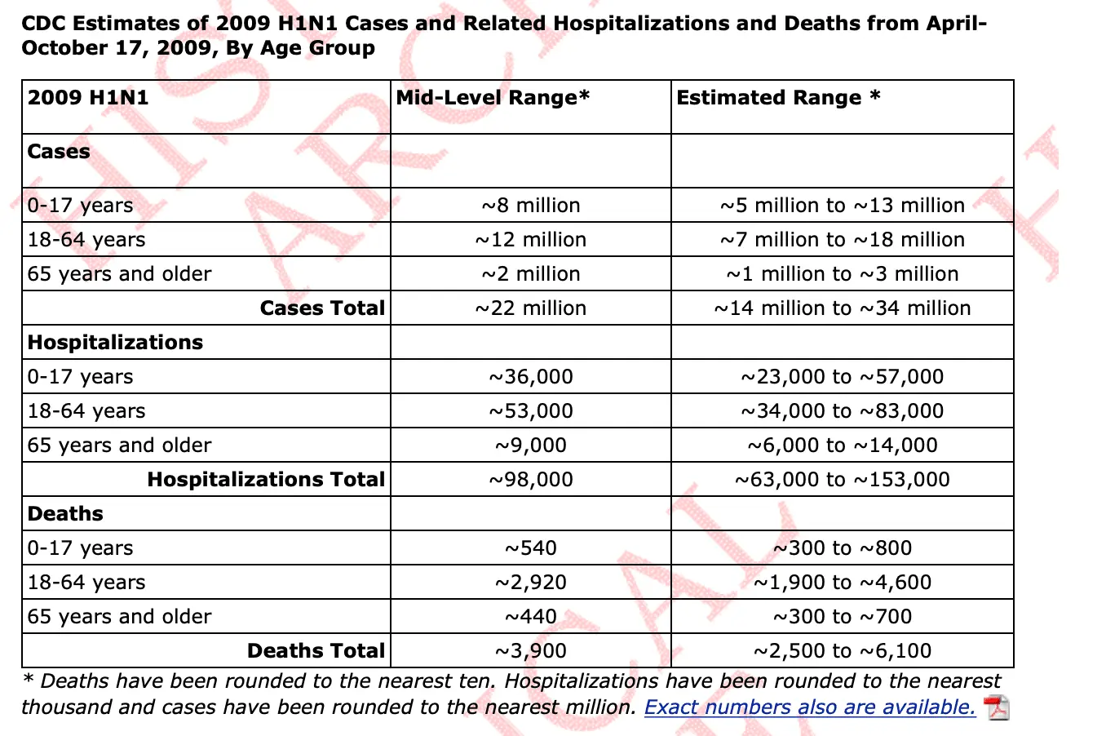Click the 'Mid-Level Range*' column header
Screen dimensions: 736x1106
[493, 98]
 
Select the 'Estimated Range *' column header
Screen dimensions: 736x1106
[778, 98]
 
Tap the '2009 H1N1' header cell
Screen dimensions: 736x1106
[88, 98]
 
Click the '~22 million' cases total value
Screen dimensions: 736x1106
[531, 308]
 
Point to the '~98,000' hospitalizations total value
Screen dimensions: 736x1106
[531, 480]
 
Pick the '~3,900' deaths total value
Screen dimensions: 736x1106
[531, 651]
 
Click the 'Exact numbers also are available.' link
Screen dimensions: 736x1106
[810, 707]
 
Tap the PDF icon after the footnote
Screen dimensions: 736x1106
[997, 707]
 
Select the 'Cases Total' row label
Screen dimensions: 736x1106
[322, 308]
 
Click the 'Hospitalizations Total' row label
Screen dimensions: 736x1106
[266, 480]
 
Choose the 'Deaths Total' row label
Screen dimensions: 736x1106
[316, 651]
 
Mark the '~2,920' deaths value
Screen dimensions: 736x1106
[531, 583]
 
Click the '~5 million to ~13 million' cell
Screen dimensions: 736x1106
[843, 206]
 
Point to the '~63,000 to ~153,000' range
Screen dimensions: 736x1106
[843, 480]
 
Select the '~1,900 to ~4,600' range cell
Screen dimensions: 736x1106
[843, 583]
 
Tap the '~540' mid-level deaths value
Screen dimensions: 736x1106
[531, 548]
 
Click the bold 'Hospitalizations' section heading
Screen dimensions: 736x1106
[115, 343]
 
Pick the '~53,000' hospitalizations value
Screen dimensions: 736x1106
[531, 411]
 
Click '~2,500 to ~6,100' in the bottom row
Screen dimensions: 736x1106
[843, 651]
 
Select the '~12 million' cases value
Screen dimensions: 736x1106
[531, 240]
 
